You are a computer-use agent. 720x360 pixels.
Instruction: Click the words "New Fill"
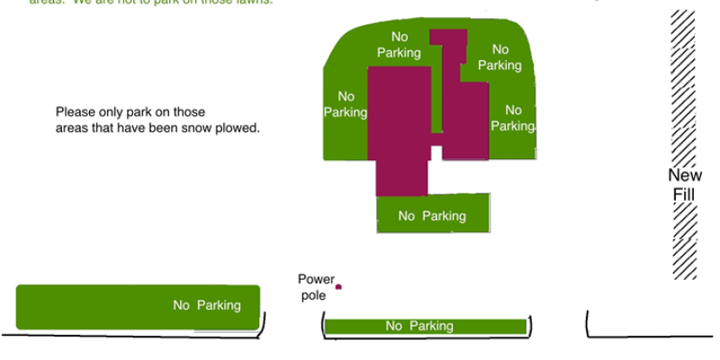click(684, 184)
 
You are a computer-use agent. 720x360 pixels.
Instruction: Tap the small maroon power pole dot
click(338, 287)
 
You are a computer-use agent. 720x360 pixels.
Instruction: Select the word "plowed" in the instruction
click(239, 128)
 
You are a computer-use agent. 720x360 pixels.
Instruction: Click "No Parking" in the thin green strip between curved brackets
click(418, 326)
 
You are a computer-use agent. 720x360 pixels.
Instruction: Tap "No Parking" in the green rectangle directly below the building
click(432, 216)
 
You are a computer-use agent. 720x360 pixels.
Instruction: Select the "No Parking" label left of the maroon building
click(346, 104)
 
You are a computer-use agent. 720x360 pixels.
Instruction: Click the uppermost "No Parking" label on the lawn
click(399, 44)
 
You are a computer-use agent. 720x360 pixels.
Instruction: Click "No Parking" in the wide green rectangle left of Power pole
click(207, 305)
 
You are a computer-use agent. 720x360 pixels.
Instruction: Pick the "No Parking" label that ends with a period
click(513, 118)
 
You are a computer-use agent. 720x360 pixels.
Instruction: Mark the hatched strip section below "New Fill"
click(684, 241)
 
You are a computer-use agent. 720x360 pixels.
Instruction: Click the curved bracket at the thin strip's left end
click(322, 325)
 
